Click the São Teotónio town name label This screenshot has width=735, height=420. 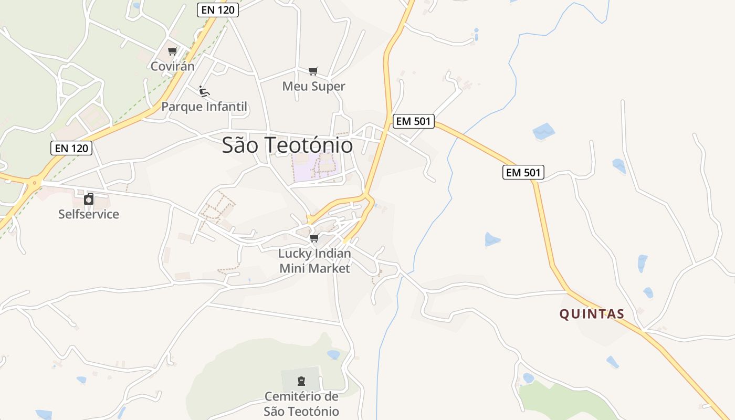pyautogui.click(x=287, y=145)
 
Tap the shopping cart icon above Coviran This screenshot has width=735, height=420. pyautogui.click(x=172, y=51)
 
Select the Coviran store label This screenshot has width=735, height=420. pyautogui.click(x=172, y=66)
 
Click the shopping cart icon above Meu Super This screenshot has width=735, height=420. pyautogui.click(x=313, y=71)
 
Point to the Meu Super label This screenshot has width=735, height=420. pyautogui.click(x=313, y=86)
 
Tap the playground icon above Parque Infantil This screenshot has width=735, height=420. pyautogui.click(x=204, y=91)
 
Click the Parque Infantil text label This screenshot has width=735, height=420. pyautogui.click(x=204, y=107)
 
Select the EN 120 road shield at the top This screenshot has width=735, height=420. pyautogui.click(x=218, y=10)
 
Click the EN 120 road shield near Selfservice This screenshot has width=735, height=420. pyautogui.click(x=71, y=148)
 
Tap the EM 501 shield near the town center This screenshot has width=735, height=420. pyautogui.click(x=413, y=121)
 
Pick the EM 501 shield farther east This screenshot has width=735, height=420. pyautogui.click(x=523, y=172)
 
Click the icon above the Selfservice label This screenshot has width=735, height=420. pyautogui.click(x=89, y=199)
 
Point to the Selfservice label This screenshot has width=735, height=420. pyautogui.click(x=89, y=214)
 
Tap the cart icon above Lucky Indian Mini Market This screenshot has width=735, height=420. pyautogui.click(x=314, y=238)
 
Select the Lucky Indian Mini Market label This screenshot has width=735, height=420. pyautogui.click(x=314, y=261)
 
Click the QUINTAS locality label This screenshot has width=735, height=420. pyautogui.click(x=592, y=314)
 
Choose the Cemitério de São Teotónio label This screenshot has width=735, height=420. pyautogui.click(x=301, y=404)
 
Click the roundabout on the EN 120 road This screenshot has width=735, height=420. pyautogui.click(x=35, y=183)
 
